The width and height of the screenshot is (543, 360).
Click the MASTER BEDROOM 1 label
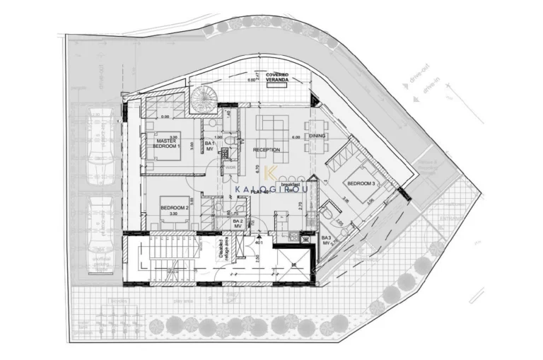click(x=167, y=143)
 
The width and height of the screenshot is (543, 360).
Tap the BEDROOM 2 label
click(x=173, y=208)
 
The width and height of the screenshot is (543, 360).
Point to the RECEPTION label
click(x=267, y=150)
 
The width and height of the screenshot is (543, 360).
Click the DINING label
click(x=317, y=136)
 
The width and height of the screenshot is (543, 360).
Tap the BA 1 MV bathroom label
click(x=209, y=146)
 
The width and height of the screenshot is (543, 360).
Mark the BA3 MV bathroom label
click(x=327, y=240)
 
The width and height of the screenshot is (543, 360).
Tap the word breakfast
click(x=291, y=183)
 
